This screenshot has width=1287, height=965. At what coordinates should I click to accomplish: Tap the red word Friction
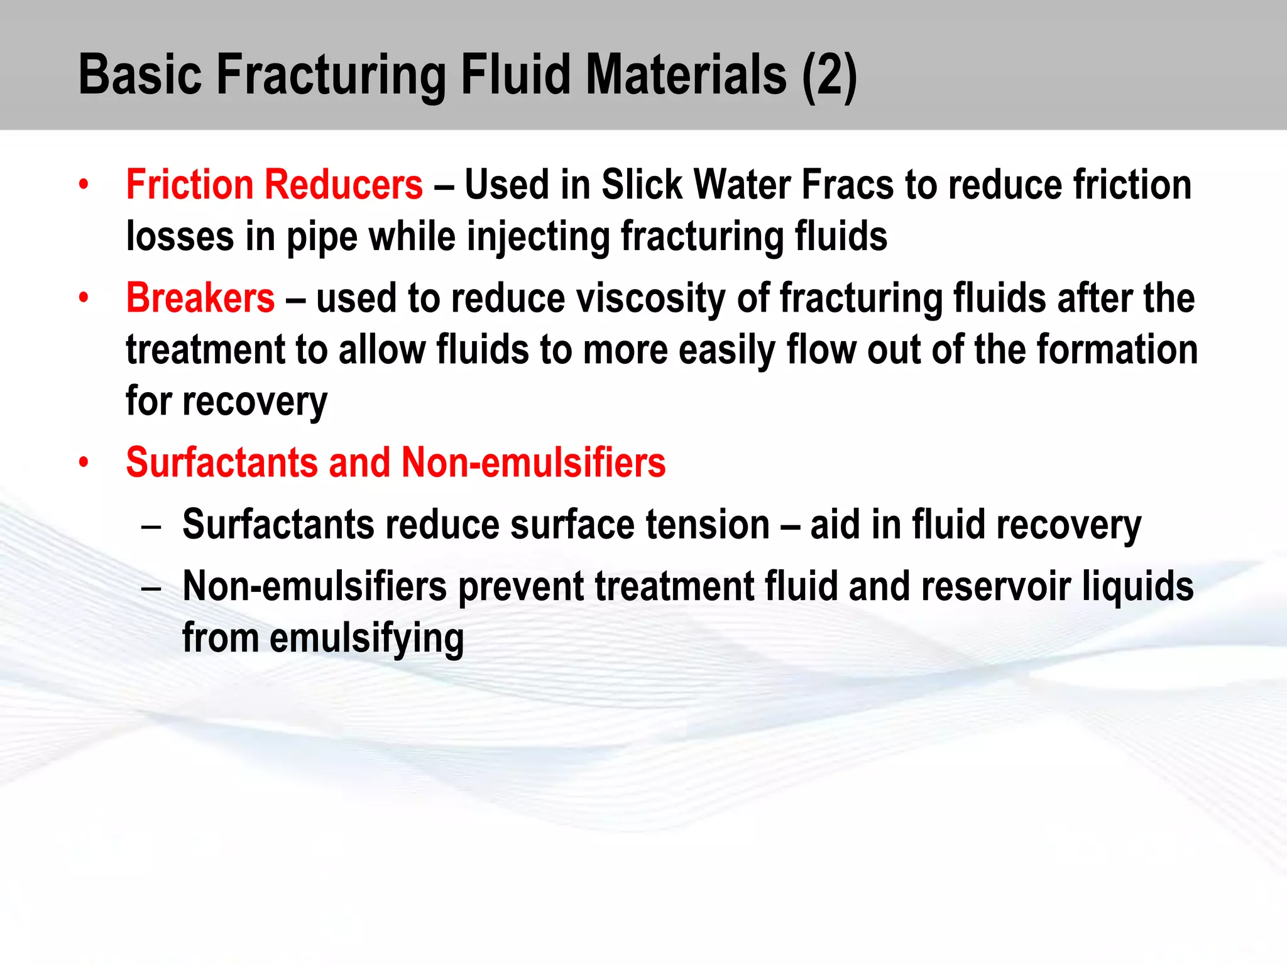(x=189, y=185)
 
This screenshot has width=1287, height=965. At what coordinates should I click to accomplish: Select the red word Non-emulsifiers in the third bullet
(x=533, y=463)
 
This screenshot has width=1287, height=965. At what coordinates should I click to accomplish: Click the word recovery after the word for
(x=255, y=403)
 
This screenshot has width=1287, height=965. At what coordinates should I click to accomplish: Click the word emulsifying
(x=367, y=639)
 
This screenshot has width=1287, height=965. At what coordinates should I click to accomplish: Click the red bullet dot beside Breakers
(x=84, y=298)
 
